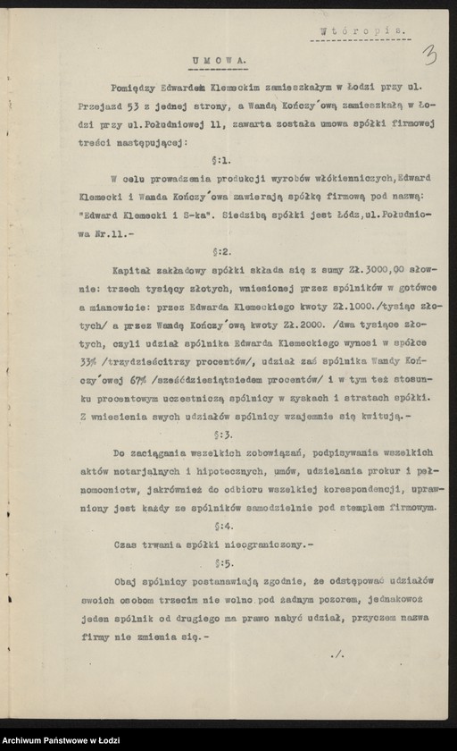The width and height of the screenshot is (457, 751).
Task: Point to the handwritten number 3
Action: [x=431, y=55]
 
